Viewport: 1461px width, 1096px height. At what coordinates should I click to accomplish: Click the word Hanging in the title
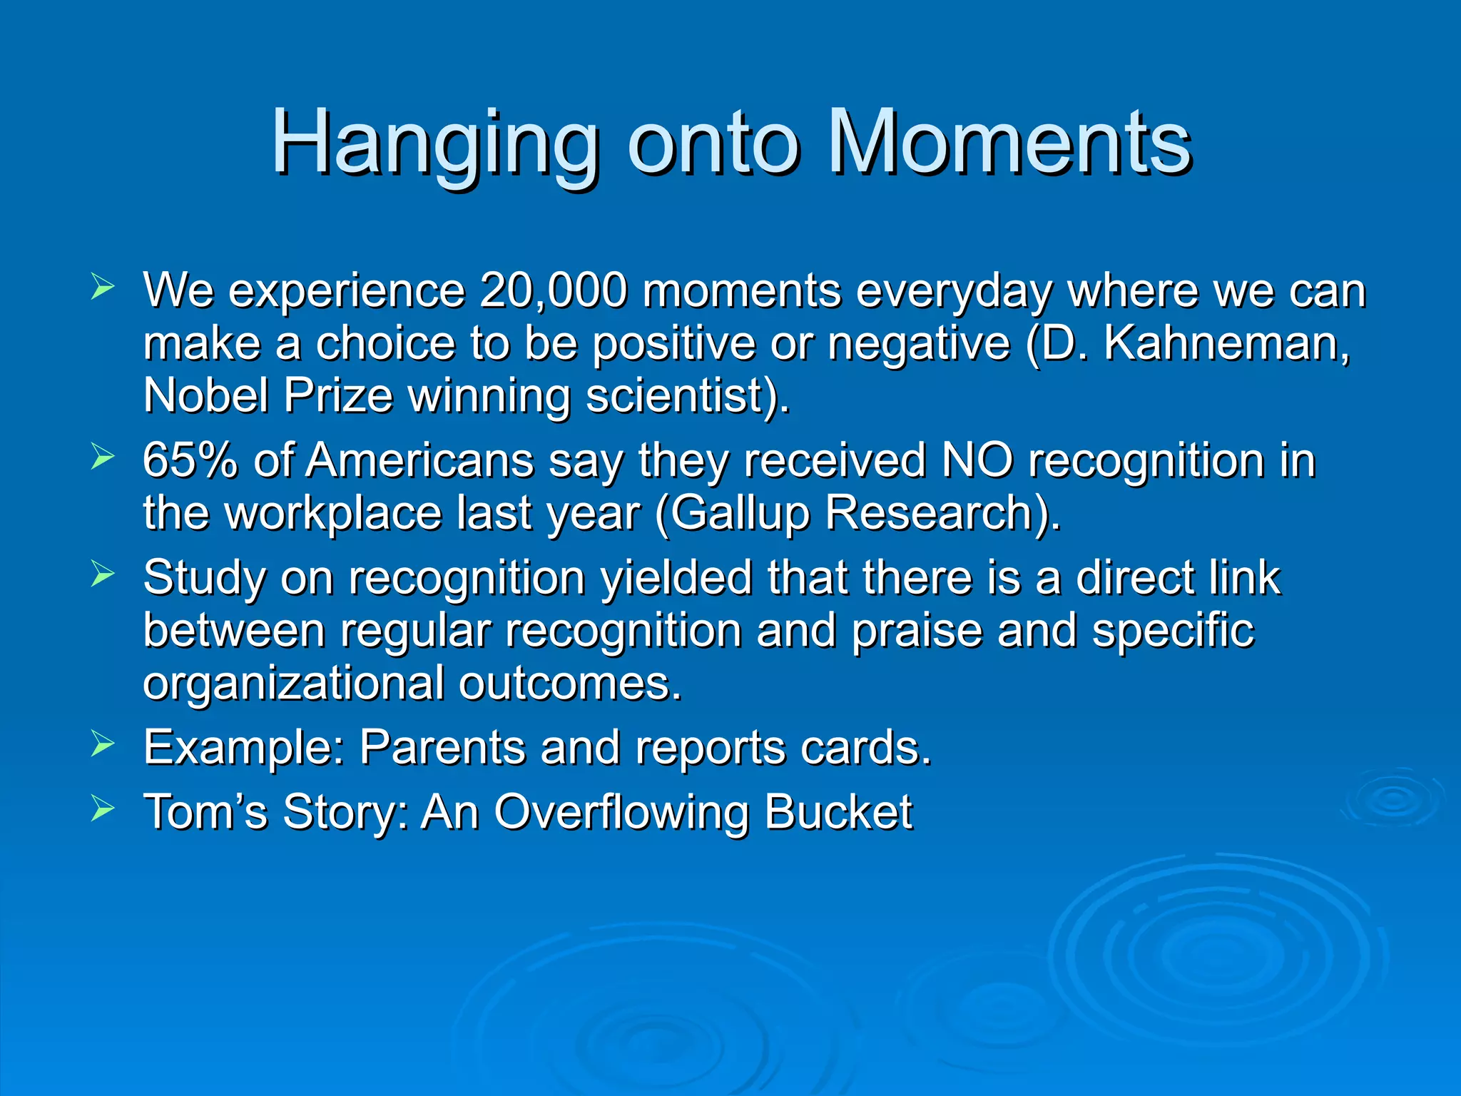[434, 145]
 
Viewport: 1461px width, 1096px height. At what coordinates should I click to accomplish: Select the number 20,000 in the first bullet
[553, 290]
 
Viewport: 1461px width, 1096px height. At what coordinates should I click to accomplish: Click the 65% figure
[189, 460]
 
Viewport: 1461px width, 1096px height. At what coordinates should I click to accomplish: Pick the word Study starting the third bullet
[204, 578]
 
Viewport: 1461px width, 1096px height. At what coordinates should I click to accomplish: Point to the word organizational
[293, 684]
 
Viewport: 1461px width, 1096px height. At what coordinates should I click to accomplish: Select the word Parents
[442, 748]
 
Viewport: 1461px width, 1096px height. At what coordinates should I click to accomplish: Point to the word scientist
[682, 395]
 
